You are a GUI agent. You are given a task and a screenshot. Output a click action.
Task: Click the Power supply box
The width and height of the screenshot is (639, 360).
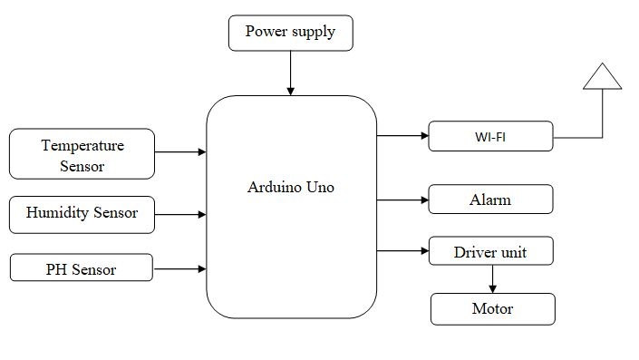[290, 33]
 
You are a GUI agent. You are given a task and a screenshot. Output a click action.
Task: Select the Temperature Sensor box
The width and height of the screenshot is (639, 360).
[82, 154]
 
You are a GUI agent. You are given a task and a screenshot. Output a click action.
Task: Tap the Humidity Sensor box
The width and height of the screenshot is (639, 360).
[82, 213]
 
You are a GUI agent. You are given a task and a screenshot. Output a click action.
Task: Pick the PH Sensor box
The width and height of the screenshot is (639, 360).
[82, 268]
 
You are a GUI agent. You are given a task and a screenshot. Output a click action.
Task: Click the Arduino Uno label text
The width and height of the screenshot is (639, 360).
[292, 188]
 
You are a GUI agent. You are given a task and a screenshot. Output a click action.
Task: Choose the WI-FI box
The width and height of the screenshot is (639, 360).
[490, 137]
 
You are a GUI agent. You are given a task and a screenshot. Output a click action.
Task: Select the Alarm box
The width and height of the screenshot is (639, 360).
[490, 198]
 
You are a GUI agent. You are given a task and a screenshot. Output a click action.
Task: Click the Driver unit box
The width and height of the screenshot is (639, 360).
[490, 251]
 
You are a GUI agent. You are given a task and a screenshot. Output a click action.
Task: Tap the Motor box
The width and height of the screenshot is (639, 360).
[492, 309]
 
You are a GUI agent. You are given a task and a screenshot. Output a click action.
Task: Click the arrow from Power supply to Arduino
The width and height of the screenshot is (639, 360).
[290, 72]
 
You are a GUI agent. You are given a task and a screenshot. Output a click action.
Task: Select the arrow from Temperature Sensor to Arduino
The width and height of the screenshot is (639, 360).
[180, 152]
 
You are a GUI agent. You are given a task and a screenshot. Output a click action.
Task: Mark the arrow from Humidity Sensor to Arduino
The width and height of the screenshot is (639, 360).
[180, 214]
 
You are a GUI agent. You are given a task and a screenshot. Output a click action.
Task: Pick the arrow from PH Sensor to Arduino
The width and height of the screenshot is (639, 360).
[180, 268]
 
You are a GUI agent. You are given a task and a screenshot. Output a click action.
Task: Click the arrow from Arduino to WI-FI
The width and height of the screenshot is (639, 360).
[402, 136]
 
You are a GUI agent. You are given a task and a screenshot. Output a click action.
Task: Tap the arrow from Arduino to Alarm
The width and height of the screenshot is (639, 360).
[402, 198]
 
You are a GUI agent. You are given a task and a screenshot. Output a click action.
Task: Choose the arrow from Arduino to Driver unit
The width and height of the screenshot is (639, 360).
[402, 250]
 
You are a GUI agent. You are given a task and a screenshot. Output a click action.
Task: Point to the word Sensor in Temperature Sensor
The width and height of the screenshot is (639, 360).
[82, 166]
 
